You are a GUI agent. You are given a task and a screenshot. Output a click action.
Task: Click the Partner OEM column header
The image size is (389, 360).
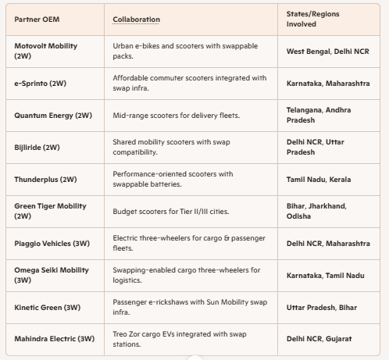[x=37, y=20]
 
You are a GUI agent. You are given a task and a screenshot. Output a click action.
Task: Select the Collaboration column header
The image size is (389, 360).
[x=136, y=20]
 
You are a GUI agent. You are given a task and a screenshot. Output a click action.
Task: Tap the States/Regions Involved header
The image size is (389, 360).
[x=312, y=19]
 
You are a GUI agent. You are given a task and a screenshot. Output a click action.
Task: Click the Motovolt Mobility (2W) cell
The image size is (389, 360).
[x=46, y=51]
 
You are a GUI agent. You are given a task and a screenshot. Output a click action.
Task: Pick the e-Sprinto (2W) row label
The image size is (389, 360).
[x=41, y=84]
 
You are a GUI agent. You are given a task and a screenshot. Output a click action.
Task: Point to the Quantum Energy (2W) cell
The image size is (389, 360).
[x=53, y=116]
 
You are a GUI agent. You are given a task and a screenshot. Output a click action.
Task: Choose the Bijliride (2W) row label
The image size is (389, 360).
[x=37, y=148]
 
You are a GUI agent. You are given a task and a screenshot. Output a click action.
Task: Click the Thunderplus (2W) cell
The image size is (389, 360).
[x=45, y=180]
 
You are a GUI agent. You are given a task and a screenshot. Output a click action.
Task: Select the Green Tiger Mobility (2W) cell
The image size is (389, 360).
[x=50, y=211]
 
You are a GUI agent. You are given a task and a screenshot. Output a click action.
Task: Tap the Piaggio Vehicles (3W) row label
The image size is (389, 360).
[x=52, y=244]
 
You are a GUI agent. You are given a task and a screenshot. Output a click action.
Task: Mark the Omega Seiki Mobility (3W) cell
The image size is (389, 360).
[x=52, y=275]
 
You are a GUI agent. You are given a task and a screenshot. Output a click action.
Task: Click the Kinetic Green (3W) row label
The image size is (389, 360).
[x=48, y=308]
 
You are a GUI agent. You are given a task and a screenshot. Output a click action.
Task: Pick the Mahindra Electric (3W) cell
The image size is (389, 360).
[x=55, y=339]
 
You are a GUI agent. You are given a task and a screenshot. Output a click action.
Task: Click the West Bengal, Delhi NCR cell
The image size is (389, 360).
[x=328, y=52]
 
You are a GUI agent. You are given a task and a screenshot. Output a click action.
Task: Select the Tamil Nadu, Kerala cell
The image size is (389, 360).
[x=319, y=180]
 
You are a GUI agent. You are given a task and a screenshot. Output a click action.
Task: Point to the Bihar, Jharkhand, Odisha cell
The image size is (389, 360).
[x=316, y=211]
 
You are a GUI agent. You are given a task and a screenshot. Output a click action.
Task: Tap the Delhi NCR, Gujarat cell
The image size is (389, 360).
[x=319, y=339]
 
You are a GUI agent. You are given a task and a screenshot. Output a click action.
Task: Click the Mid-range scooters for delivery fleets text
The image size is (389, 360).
[x=177, y=116]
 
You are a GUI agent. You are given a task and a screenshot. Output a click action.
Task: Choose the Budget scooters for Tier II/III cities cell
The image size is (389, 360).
[x=171, y=212]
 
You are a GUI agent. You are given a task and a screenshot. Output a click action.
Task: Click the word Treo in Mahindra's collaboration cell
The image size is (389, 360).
[x=120, y=334]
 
